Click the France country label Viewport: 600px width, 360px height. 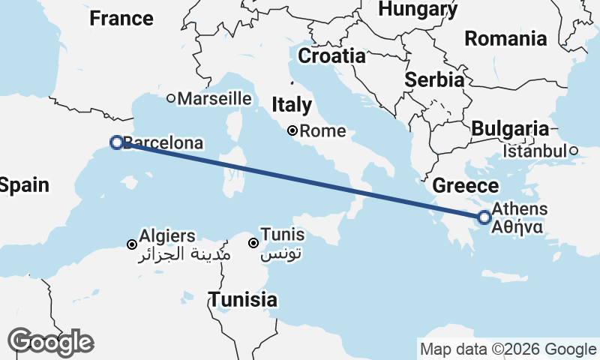click(121, 18)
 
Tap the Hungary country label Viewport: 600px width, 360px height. click(418, 8)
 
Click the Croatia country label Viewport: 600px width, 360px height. click(331, 55)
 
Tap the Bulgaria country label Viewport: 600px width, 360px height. click(510, 128)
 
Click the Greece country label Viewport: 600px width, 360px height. click(466, 186)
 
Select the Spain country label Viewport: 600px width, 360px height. click(24, 185)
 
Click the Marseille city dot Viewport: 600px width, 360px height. click(171, 98)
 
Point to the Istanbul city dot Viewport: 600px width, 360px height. click(573, 151)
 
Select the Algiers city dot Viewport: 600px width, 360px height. click(132, 244)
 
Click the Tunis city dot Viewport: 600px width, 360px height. click(254, 243)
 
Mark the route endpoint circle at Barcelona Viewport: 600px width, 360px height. click(116, 142)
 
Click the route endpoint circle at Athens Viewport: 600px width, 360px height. click(484, 217)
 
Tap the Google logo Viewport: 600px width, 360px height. click(50, 342)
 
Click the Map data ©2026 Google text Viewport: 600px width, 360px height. click(508, 349)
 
